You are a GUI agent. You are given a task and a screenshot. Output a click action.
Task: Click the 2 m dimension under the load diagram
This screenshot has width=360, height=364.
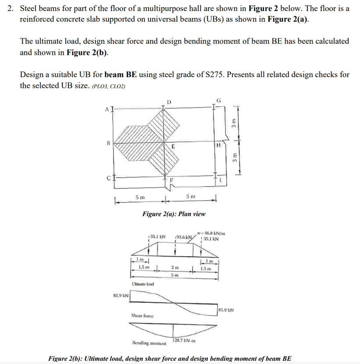click(x=174, y=267)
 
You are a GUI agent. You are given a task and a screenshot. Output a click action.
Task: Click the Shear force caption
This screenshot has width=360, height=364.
click(x=142, y=315)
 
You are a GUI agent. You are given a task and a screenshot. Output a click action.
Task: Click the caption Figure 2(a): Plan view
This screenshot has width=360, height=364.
click(x=174, y=214)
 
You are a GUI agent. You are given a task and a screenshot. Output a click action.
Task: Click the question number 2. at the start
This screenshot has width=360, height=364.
click(x=12, y=8)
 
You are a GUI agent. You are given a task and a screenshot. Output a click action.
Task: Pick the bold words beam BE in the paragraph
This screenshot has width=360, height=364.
click(x=120, y=74)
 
